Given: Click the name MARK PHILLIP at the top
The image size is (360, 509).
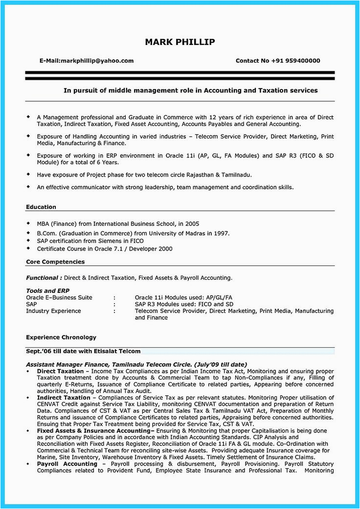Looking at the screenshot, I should (180, 42).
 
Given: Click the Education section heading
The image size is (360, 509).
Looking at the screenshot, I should (41, 207).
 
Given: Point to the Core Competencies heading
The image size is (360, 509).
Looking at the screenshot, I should (55, 262).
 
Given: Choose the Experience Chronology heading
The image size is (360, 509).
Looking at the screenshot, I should (61, 337).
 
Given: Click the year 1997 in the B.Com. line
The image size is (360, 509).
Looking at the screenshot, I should (221, 233).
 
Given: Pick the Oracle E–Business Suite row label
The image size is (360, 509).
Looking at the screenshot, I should (59, 297).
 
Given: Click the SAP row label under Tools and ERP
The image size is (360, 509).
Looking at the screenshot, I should (31, 304).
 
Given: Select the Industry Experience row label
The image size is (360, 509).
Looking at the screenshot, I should (53, 311).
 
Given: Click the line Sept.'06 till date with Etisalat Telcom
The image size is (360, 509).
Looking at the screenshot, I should (83, 351).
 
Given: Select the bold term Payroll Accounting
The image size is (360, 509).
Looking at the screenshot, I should (67, 464).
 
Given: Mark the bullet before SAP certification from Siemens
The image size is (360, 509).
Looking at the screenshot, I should (29, 241).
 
